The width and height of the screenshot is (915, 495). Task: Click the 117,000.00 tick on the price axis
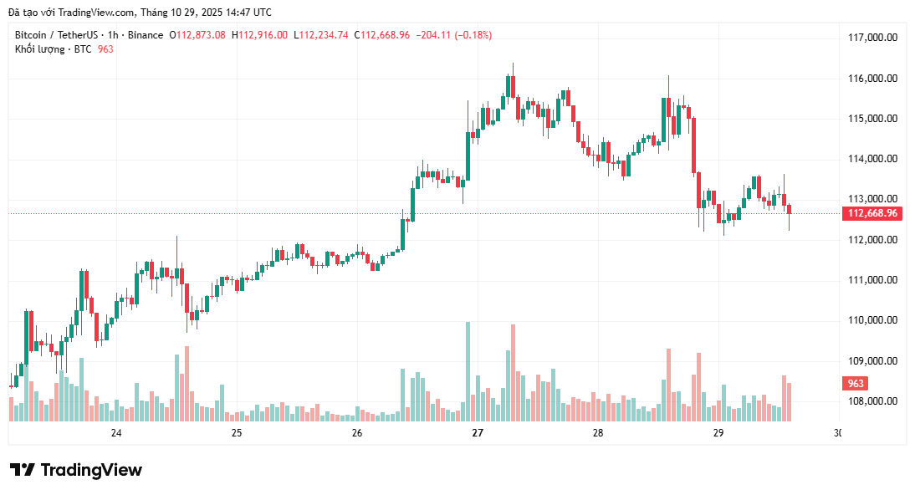pos(872,38)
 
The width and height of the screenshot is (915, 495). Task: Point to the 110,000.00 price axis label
pos(872,320)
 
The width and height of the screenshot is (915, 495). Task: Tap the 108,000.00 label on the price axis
pos(872,401)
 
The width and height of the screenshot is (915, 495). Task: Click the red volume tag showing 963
pos(856,384)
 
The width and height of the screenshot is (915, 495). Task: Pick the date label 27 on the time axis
pos(478,433)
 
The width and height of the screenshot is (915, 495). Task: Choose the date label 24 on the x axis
pos(116,433)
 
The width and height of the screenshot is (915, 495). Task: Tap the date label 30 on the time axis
pos(838,433)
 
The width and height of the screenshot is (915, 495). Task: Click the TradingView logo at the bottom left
pos(75,470)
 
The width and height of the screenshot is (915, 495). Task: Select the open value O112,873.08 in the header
pos(197,35)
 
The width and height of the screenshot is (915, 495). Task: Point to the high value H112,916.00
pos(259,35)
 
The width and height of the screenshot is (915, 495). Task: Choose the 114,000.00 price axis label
pos(872,159)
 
